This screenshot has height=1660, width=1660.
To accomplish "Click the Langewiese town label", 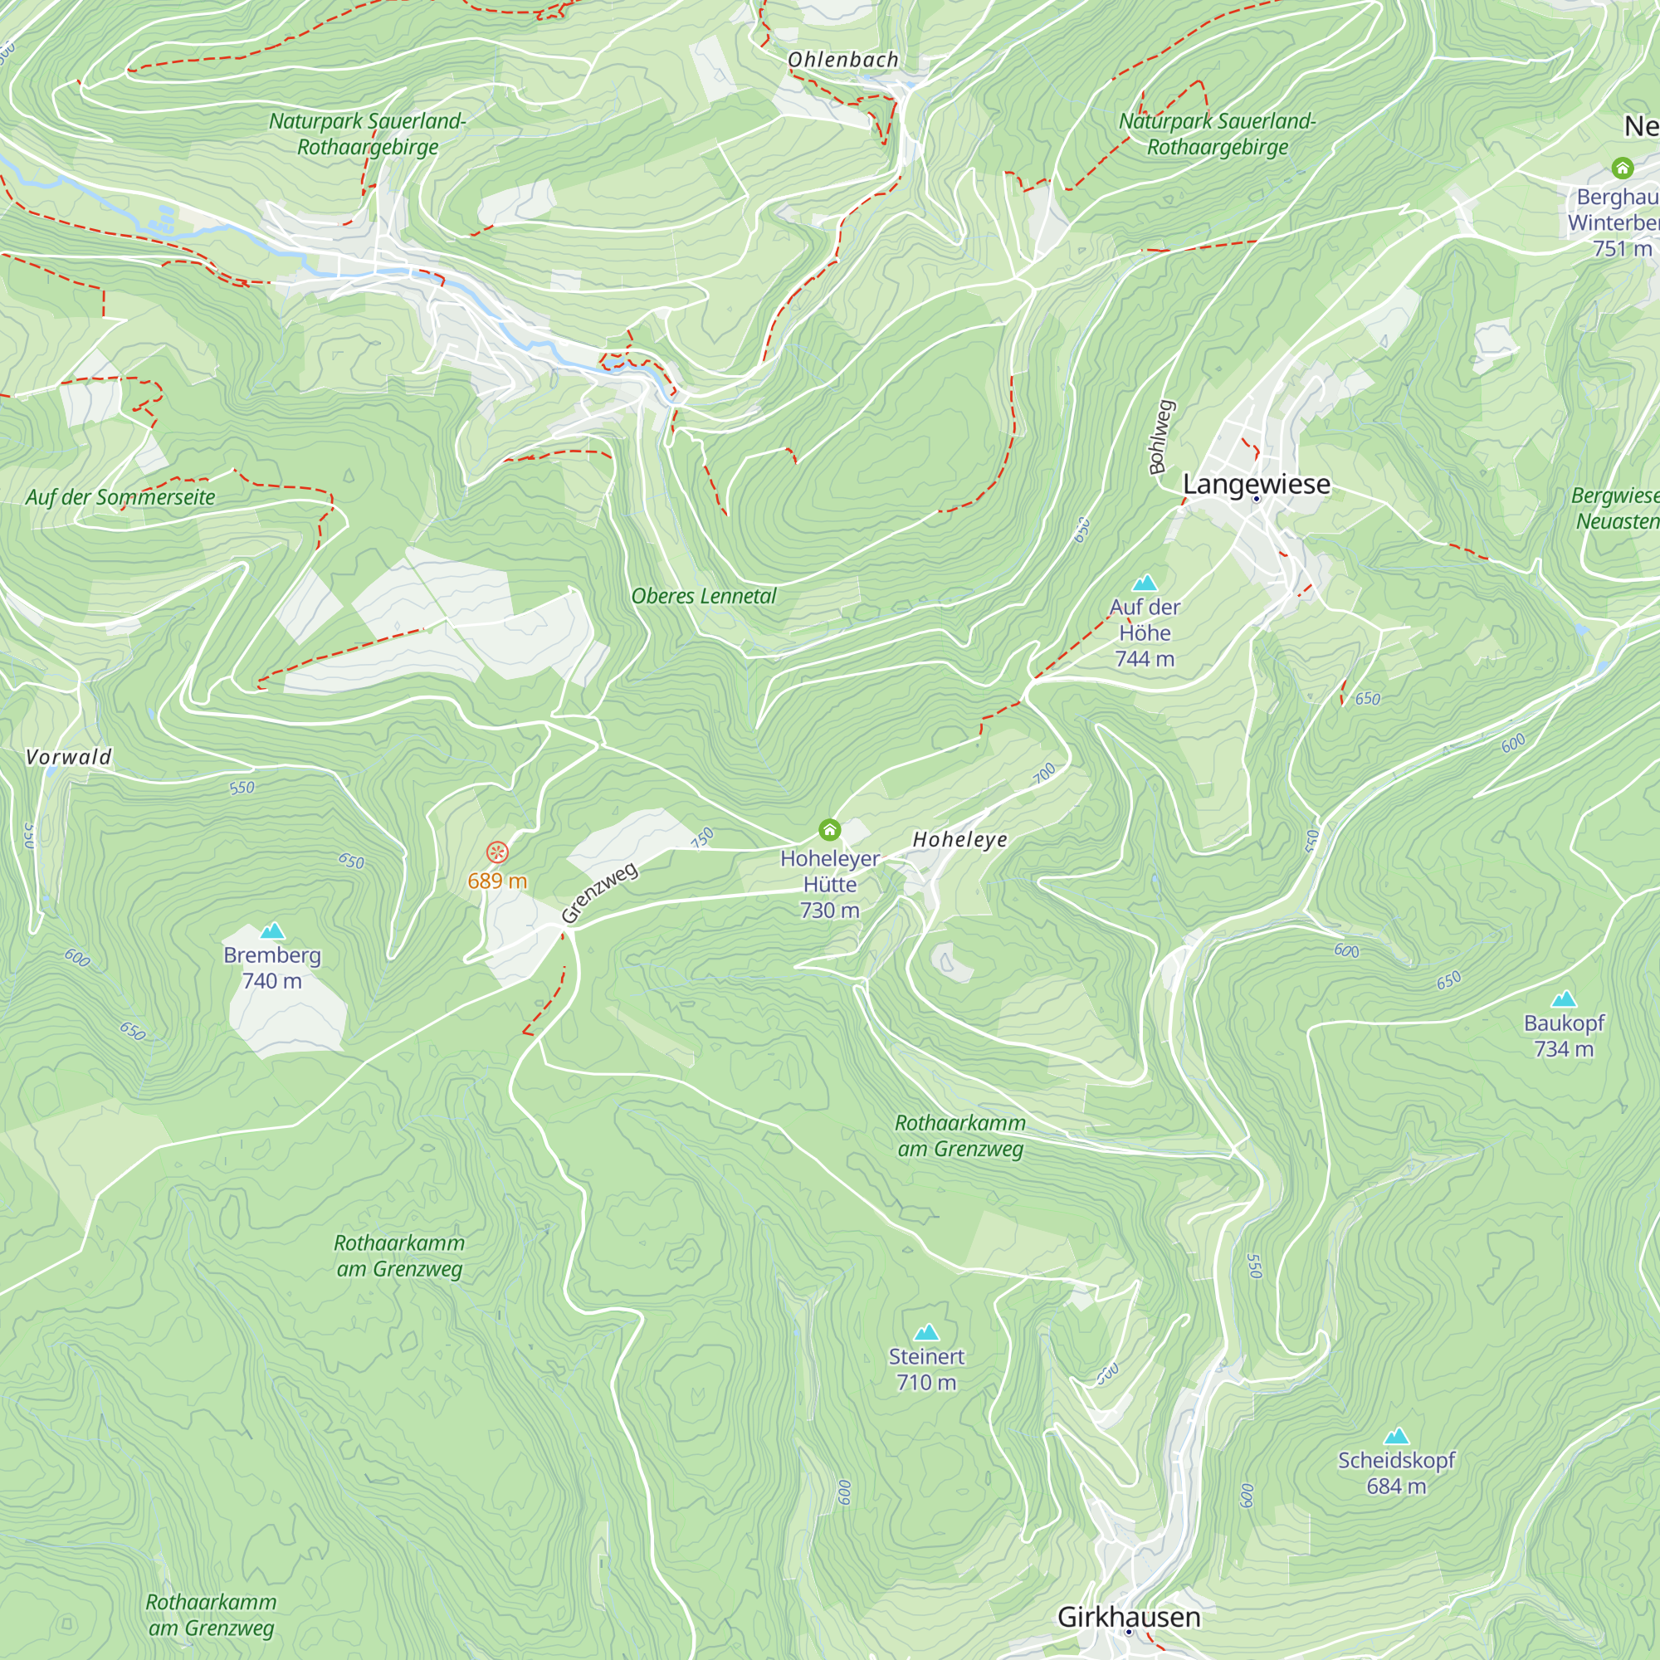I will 1256,484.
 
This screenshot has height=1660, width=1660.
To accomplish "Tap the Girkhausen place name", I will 1128,1616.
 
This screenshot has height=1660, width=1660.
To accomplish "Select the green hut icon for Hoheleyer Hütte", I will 829,829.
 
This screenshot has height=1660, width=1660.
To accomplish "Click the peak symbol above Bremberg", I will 272,930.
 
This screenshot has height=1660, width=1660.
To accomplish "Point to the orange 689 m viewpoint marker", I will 497,852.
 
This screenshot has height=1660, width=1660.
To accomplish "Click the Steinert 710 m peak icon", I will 926,1333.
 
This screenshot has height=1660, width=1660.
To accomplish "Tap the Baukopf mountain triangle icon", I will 1564,998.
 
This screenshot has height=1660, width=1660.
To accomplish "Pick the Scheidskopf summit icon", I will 1397,1436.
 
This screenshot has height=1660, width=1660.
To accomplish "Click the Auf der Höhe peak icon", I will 1145,583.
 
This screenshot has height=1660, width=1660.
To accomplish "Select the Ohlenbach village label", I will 843,59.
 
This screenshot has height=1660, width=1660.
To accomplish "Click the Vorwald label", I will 69,757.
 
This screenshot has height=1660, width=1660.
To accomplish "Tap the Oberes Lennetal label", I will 704,596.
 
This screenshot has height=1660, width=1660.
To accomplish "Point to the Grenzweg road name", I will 600,893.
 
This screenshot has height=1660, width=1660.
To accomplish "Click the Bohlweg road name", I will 1161,437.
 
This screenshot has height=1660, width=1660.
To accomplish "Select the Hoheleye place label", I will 959,839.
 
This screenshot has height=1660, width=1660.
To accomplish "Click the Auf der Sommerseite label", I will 120,496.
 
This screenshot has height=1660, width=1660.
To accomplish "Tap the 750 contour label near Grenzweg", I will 702,837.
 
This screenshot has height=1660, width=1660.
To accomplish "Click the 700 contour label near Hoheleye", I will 1044,774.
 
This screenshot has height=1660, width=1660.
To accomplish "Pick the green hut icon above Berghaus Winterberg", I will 1622,167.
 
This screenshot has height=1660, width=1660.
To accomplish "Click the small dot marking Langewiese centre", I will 1256,499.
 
